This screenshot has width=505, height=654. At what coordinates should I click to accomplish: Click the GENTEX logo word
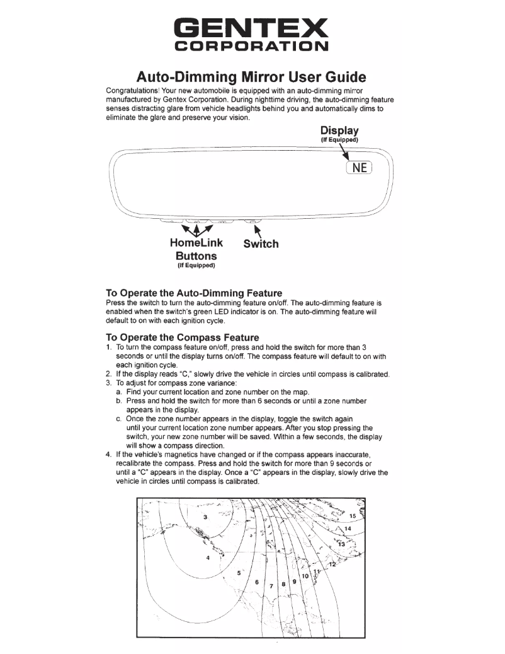coord(252,27)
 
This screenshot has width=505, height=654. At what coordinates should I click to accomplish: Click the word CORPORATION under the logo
coord(252,47)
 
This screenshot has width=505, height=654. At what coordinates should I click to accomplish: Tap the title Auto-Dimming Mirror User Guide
coord(252,78)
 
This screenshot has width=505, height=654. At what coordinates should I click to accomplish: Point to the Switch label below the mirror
coord(261,243)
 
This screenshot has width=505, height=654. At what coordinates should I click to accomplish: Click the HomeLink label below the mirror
coord(195,243)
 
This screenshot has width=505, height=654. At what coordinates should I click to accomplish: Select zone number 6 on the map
coord(257,581)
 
